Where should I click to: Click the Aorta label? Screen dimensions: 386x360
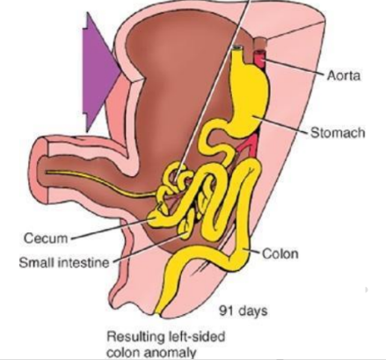click(x=343, y=76)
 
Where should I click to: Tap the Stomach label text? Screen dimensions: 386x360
click(x=338, y=133)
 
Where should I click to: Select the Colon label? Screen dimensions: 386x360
click(x=280, y=253)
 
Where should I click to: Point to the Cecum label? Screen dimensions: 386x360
click(x=46, y=239)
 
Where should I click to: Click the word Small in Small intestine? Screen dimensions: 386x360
click(x=37, y=262)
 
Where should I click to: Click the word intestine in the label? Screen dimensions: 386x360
click(x=84, y=262)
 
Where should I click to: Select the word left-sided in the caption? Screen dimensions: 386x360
click(x=196, y=336)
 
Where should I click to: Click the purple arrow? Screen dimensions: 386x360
click(x=101, y=72)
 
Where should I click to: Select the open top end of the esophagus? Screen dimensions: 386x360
click(x=237, y=48)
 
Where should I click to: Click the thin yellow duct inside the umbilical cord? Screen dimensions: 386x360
click(x=101, y=183)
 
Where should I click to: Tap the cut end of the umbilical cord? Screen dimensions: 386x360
click(x=43, y=170)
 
